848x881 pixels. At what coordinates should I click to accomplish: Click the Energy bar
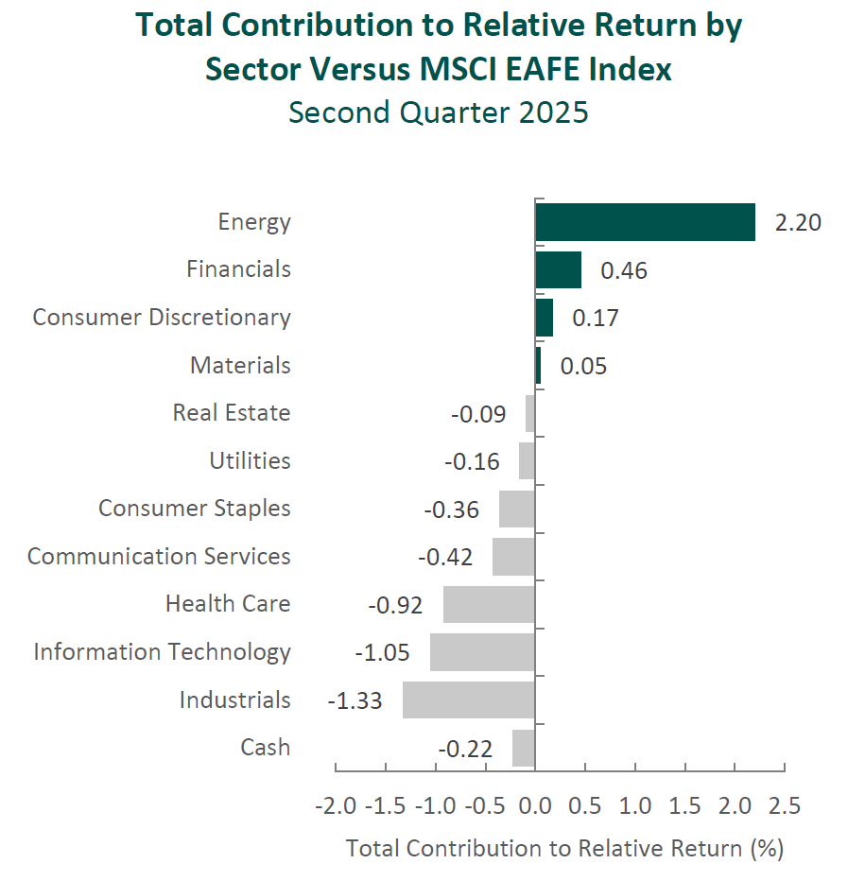[x=645, y=222]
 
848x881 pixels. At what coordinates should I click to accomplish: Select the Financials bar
[x=558, y=269]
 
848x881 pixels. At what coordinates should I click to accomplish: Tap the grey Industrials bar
[x=469, y=700]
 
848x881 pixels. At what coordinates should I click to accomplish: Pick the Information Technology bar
[x=482, y=652]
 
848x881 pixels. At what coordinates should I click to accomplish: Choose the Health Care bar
[x=489, y=604]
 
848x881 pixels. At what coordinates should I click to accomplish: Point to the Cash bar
[x=524, y=748]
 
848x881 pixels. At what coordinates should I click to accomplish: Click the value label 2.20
[x=798, y=223]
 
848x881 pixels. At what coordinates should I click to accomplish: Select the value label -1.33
[x=355, y=700]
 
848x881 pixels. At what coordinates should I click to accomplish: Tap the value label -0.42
[x=444, y=557]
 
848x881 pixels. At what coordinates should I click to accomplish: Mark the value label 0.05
[x=583, y=366]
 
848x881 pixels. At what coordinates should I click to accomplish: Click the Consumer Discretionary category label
[x=162, y=318]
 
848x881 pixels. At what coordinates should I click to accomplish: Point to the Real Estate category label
[x=232, y=413]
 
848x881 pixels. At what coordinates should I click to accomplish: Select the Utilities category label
[x=250, y=461]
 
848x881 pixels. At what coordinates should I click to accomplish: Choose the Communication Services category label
[x=159, y=557]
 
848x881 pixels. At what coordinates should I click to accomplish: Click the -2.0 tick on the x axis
[x=336, y=806]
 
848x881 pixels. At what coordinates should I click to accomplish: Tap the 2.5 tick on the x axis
[x=785, y=806]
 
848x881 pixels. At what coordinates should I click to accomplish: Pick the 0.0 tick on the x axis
[x=535, y=806]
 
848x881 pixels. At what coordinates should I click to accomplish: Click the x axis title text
[x=564, y=848]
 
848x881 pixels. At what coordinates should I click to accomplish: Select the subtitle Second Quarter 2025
[x=438, y=112]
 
